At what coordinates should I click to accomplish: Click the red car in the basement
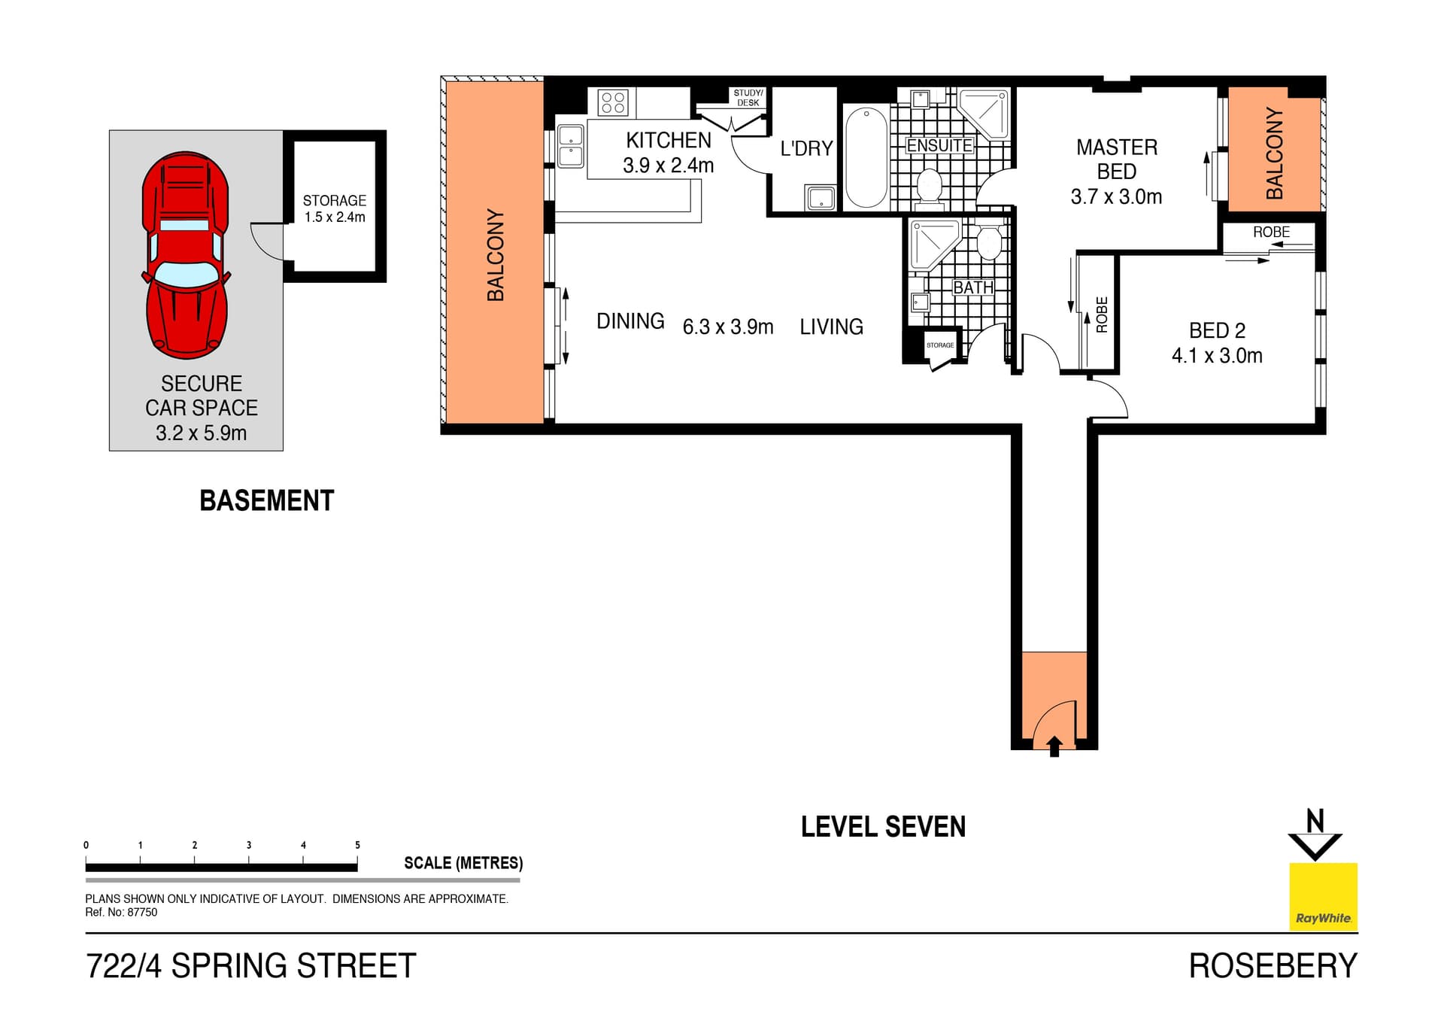point(185,256)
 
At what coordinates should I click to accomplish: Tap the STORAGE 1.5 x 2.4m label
point(335,208)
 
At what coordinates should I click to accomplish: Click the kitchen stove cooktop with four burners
point(613,102)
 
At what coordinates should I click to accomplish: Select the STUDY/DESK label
point(748,98)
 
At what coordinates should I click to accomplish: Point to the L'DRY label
point(806,148)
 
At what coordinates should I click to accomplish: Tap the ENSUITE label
point(939,145)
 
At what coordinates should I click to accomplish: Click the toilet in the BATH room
point(988,242)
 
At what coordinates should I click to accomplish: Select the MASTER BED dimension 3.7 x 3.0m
point(1116,197)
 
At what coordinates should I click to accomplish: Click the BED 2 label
point(1216,330)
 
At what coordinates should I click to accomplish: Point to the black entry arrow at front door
point(1054,746)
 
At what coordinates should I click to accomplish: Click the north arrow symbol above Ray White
point(1315,835)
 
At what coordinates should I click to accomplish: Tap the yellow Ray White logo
point(1323,896)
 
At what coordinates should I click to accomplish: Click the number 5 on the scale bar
point(357,845)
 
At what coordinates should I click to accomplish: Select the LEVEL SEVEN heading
point(883,827)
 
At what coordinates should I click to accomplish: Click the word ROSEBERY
point(1273,966)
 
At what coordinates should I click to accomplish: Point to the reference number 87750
point(142,913)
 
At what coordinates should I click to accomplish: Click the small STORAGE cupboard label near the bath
point(939,345)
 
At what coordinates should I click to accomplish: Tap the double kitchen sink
point(570,146)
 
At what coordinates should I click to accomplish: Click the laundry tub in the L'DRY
point(820,198)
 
